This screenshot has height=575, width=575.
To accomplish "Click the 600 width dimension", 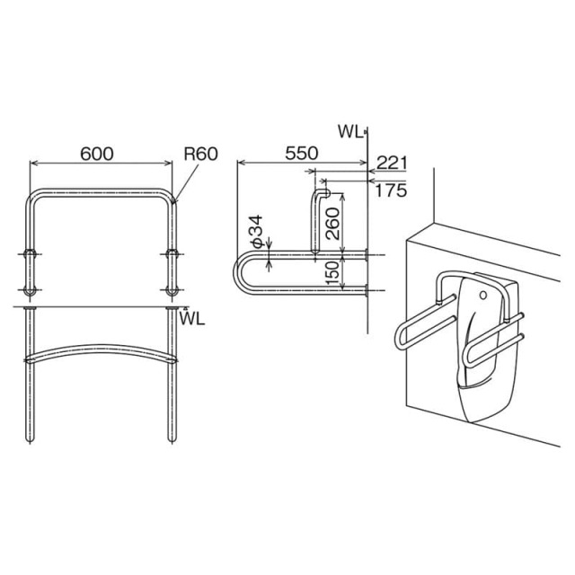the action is click(97, 154).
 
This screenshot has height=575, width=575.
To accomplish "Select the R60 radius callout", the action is click(201, 154).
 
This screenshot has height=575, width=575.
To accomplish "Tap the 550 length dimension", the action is click(302, 154).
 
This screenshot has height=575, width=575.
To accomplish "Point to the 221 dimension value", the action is click(392, 163).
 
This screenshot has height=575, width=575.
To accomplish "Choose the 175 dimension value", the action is click(391, 190).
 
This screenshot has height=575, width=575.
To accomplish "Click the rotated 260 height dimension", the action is click(332, 224).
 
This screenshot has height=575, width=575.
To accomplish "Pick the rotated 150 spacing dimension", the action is click(332, 272).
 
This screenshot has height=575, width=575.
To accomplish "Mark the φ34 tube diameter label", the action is click(257, 230).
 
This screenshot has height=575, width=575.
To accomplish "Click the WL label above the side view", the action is click(350, 132).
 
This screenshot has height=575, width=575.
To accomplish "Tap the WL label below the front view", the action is click(192, 320).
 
